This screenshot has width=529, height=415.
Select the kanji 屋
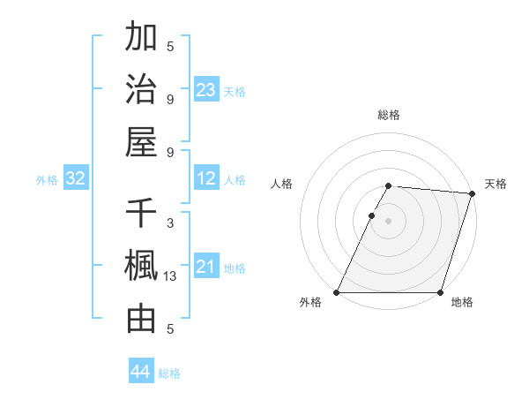tap(141, 140)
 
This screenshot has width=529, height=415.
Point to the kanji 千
tap(141, 215)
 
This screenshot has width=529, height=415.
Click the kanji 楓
tap(141, 267)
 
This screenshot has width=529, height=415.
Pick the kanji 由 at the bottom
tap(141, 319)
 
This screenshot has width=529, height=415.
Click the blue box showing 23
tap(206, 90)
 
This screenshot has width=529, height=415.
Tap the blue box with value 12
tap(206, 179)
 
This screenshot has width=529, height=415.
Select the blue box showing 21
tap(206, 268)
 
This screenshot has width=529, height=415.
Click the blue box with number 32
tap(76, 179)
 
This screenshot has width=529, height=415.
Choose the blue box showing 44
tap(141, 372)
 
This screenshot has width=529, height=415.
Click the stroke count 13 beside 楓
tap(170, 276)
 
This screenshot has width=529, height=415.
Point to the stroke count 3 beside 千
tap(170, 224)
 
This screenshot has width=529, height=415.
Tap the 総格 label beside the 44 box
tap(169, 373)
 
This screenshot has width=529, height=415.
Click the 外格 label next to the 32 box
tap(47, 180)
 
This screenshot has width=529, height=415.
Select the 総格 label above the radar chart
tap(388, 115)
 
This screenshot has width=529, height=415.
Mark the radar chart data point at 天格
tap(472, 194)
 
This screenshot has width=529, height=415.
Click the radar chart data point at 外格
tap(337, 292)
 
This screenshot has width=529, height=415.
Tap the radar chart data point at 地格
tap(440, 292)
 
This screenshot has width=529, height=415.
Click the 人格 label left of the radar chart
tap(281, 184)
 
